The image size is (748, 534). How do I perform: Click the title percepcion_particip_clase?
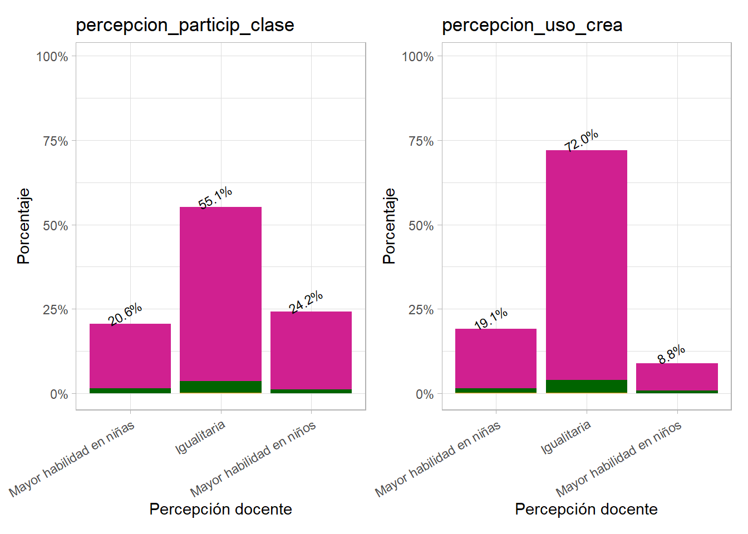click(x=185, y=26)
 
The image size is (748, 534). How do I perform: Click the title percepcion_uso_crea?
click(x=532, y=26)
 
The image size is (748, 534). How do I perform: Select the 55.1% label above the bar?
click(x=215, y=198)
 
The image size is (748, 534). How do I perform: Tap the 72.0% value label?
click(x=581, y=140)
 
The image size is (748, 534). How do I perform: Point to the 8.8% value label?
click(x=671, y=354)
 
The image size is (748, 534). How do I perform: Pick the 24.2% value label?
click(x=306, y=301)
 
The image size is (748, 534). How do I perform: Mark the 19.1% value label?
click(x=491, y=318)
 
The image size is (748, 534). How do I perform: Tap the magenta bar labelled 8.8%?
click(x=677, y=377)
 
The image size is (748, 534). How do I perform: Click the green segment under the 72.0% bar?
click(x=586, y=386)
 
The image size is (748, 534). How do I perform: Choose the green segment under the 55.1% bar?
click(x=220, y=387)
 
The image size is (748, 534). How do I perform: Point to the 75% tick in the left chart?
click(x=56, y=141)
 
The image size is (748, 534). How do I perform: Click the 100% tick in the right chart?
click(x=418, y=57)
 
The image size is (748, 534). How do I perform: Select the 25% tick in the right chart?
click(x=421, y=310)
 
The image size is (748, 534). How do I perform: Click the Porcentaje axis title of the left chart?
click(x=24, y=226)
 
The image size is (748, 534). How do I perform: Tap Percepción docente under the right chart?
click(x=586, y=509)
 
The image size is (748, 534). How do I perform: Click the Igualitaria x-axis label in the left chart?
click(x=200, y=437)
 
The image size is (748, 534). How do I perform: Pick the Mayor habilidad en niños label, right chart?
click(x=618, y=459)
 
